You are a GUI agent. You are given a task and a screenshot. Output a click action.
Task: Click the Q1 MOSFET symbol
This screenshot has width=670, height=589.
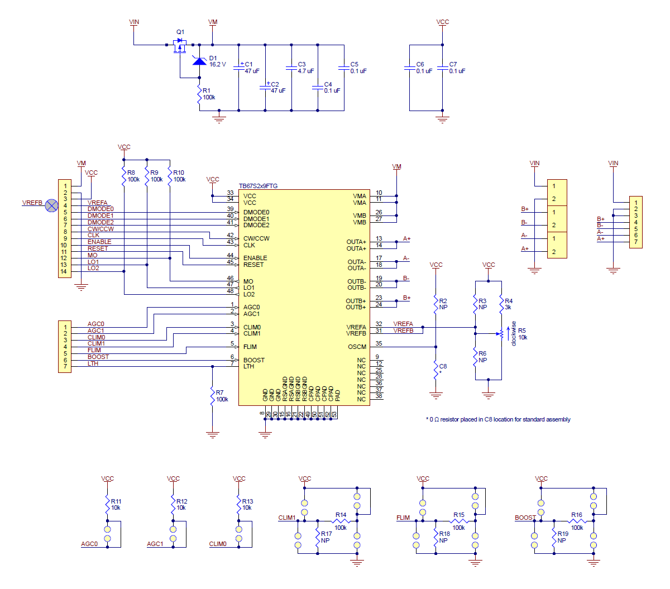[x=180, y=47]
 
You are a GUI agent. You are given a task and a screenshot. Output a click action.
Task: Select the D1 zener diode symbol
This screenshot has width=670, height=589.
[x=199, y=60]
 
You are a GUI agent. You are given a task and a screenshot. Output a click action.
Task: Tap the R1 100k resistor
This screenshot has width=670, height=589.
[x=199, y=96]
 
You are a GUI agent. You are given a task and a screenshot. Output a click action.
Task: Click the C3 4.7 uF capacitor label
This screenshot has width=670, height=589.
[x=305, y=68]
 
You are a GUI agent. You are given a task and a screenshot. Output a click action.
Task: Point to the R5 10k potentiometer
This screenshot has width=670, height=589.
[x=501, y=334]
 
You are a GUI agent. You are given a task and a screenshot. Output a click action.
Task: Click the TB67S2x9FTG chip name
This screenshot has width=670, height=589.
[x=258, y=186]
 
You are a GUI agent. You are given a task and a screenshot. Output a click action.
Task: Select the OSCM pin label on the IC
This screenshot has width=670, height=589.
[x=357, y=347]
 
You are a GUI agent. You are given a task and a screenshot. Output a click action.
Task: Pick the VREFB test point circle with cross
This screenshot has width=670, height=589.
[x=51, y=205]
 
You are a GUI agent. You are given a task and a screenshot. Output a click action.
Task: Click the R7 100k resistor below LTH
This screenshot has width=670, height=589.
[x=212, y=396]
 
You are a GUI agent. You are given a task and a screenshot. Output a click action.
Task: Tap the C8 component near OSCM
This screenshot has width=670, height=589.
[x=436, y=370]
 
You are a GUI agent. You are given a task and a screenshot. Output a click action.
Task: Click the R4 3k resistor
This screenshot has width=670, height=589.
[x=501, y=304]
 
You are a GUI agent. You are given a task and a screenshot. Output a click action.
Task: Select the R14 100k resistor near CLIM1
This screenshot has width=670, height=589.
[x=340, y=521]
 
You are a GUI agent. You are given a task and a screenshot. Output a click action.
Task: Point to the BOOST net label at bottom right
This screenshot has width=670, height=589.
[x=525, y=518]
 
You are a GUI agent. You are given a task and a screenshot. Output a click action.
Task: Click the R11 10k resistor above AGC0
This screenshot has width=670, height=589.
[x=107, y=505]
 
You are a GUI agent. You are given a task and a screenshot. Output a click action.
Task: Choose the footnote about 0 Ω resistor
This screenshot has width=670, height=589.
[x=498, y=419]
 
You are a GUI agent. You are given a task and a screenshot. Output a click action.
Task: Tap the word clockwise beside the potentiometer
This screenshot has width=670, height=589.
[x=514, y=333]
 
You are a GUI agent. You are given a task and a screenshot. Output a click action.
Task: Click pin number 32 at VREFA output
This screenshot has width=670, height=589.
[x=379, y=324]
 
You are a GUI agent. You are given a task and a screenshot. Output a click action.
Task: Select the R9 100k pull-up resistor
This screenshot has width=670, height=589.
[x=147, y=176]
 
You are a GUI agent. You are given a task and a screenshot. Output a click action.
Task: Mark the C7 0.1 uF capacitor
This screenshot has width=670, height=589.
[x=442, y=68]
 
